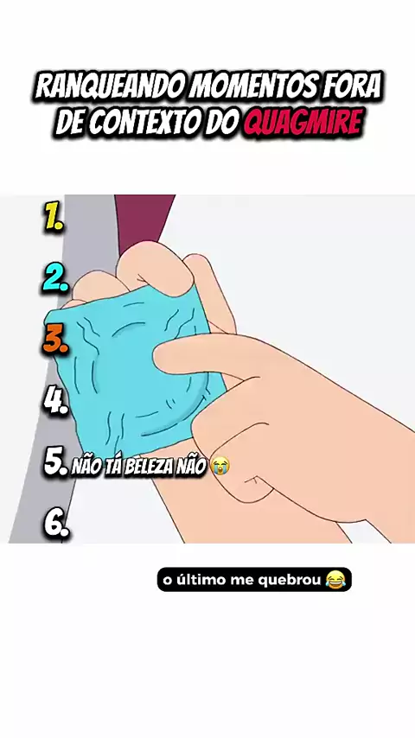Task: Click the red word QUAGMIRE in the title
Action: [x=303, y=123]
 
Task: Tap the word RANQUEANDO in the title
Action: [x=110, y=86]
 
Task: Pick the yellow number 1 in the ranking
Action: [x=54, y=219]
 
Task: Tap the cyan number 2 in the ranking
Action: [x=56, y=278]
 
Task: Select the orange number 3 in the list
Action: [x=56, y=340]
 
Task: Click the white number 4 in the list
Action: [x=56, y=402]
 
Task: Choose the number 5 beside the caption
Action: [x=56, y=463]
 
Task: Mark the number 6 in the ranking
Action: [x=56, y=525]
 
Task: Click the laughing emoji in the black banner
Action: [x=335, y=579]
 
